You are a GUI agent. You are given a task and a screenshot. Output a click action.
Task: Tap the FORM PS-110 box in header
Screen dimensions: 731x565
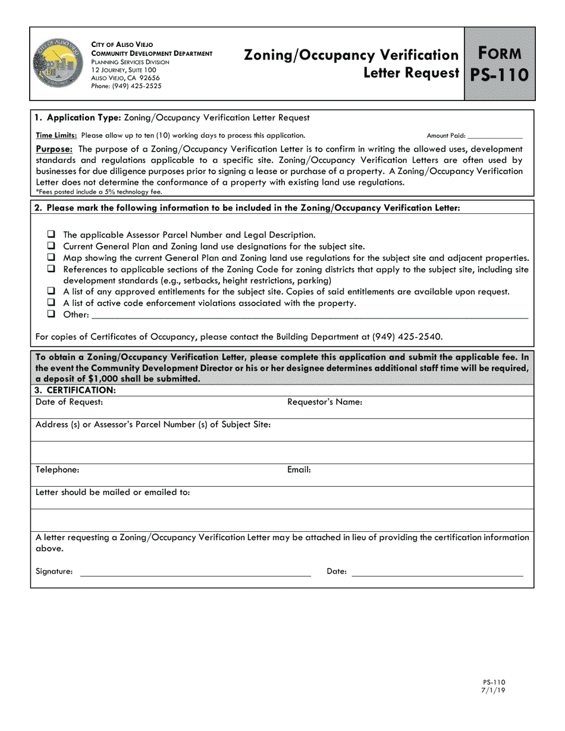pos(500,64)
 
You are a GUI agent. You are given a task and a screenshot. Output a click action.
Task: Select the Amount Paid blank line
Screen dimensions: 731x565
pos(494,137)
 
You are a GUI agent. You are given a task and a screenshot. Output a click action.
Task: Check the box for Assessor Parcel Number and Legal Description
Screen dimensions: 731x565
pos(51,235)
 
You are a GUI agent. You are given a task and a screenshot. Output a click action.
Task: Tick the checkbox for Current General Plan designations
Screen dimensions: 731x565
pos(51,246)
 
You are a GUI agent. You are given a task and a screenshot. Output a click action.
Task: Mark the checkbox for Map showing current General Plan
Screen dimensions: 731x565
pos(51,257)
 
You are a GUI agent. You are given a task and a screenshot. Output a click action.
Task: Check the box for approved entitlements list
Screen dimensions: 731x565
pos(51,292)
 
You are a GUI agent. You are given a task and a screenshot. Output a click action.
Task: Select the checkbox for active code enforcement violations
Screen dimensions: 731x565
pos(51,303)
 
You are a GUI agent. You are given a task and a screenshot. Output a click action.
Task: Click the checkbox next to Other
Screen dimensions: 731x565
pos(51,314)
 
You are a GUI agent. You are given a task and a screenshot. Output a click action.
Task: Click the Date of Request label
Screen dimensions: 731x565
pos(69,402)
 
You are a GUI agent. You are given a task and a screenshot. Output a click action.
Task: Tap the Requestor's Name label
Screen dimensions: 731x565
pos(325,402)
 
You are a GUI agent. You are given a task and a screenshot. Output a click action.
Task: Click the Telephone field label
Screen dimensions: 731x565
pos(57,470)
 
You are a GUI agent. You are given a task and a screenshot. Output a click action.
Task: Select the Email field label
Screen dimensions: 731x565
pos(299,470)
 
